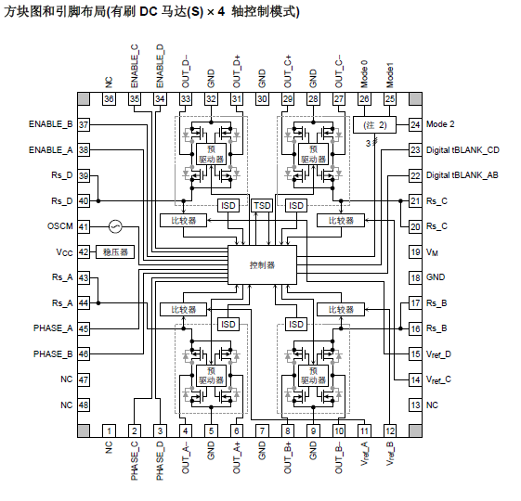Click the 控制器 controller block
[x=262, y=264]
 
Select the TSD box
[x=262, y=204]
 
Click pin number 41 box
[x=84, y=226]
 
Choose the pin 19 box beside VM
[x=415, y=251]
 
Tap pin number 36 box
[x=109, y=98]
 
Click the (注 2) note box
[x=375, y=124]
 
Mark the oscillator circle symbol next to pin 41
[x=115, y=226]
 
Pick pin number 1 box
[x=109, y=430]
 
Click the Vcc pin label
[x=63, y=251]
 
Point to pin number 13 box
[x=415, y=405]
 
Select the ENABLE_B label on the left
[x=51, y=124]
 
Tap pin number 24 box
[x=415, y=124]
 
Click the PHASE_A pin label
[x=53, y=328]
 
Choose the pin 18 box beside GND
[x=415, y=277]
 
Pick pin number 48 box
[x=84, y=405]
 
